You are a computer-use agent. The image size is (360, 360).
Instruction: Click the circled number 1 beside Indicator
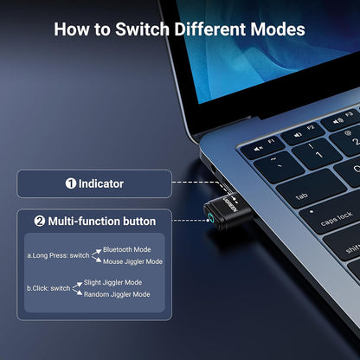point(71,183)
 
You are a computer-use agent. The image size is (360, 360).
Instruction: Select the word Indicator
point(101,183)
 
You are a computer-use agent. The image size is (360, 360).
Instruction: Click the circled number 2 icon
point(39,222)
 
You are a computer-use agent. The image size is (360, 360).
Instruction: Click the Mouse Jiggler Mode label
point(133,261)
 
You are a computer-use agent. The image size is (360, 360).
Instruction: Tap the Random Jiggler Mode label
point(117,294)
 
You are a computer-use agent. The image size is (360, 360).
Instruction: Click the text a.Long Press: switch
point(58,255)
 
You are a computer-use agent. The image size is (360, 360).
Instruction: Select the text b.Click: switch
point(49,288)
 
